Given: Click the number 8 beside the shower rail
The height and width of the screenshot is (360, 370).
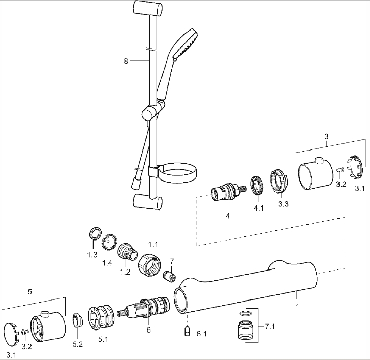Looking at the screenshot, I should [x=126, y=61].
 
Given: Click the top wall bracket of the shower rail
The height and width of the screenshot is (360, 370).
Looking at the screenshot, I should [x=147, y=9].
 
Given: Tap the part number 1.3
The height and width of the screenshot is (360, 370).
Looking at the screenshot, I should [x=92, y=255].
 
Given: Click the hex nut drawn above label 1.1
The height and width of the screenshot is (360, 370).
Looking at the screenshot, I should [x=149, y=264].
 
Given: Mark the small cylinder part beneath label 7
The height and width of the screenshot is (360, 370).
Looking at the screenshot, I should [x=171, y=278].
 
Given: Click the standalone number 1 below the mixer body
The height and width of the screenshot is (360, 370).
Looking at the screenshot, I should [x=297, y=307].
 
